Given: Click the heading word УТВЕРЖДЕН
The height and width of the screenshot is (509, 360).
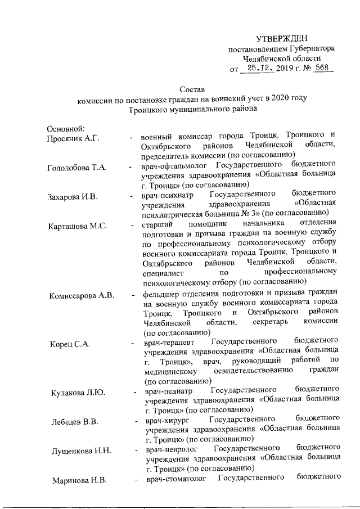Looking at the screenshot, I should pyautogui.click(x=282, y=39).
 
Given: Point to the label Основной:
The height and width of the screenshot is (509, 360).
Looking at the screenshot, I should pyautogui.click(x=66, y=129).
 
